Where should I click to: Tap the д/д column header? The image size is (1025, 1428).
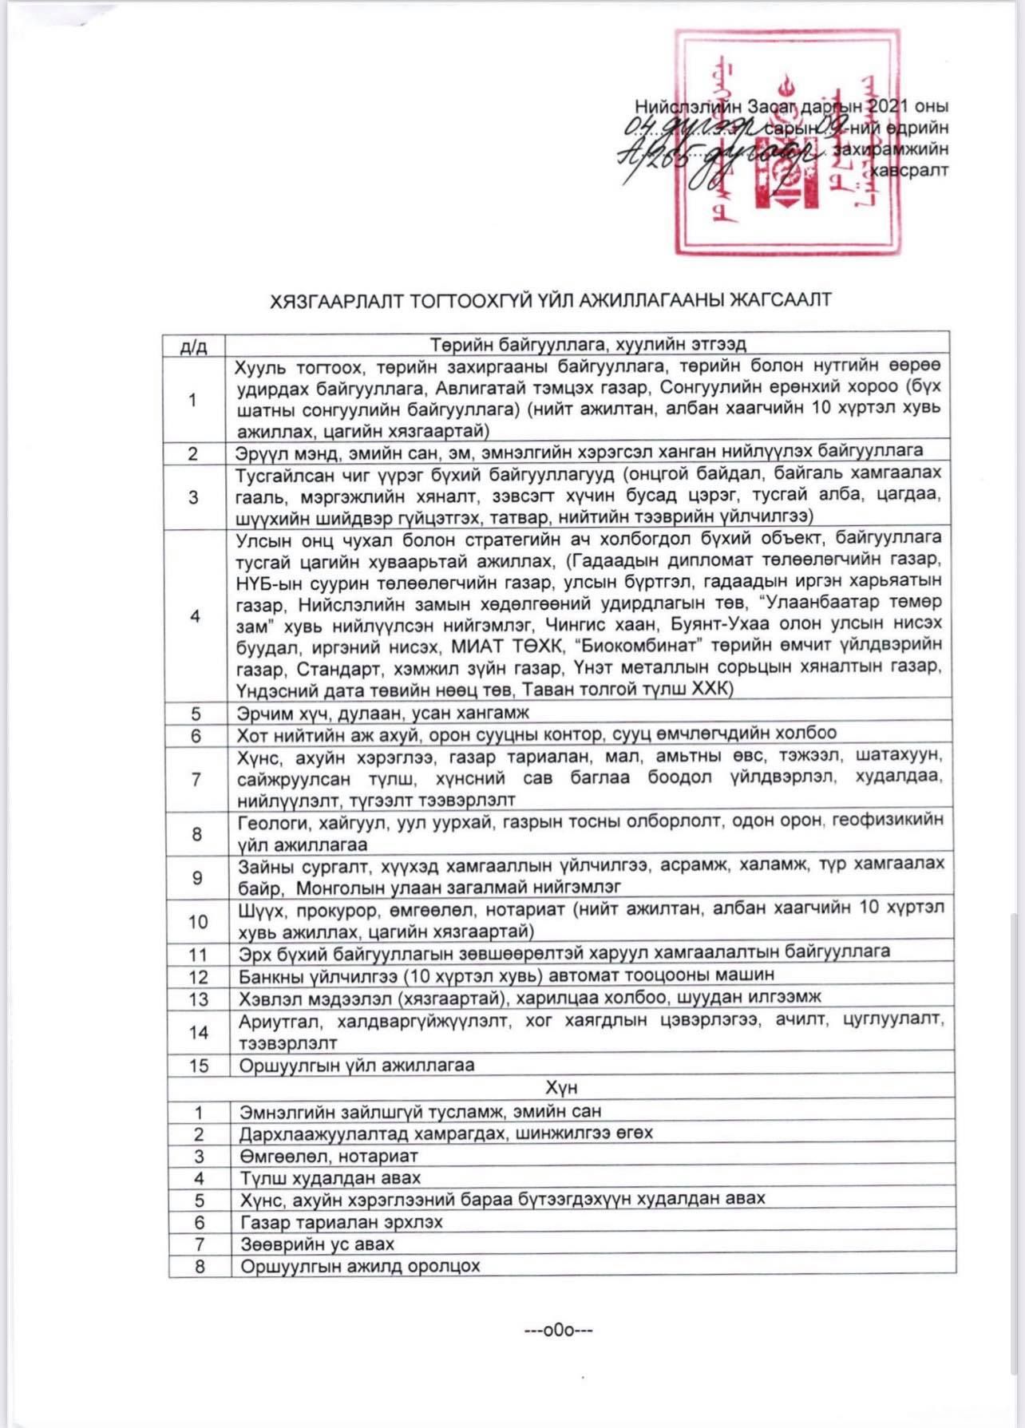(194, 346)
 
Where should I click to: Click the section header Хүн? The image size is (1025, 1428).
(561, 1087)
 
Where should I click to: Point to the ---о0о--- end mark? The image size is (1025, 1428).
(559, 1330)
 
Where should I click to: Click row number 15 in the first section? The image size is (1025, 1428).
(198, 1066)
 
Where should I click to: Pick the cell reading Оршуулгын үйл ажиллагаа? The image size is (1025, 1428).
(357, 1066)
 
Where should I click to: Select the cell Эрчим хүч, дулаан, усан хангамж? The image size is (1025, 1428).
(383, 713)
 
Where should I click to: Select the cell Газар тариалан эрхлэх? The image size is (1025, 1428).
(342, 1222)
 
